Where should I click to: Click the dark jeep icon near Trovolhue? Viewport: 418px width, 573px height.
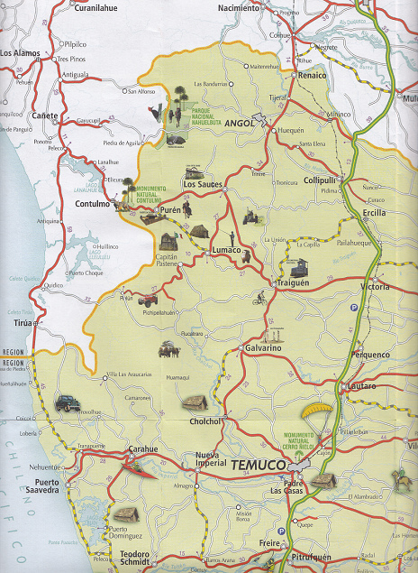pyautogui.click(x=68, y=402)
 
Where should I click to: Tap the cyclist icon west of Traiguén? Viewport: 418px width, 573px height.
pyautogui.click(x=259, y=294)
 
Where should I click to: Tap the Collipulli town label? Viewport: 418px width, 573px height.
pyautogui.click(x=320, y=180)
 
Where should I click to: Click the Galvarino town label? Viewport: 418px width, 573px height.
pyautogui.click(x=263, y=347)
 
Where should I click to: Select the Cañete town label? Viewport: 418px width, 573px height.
pyautogui.click(x=44, y=116)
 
